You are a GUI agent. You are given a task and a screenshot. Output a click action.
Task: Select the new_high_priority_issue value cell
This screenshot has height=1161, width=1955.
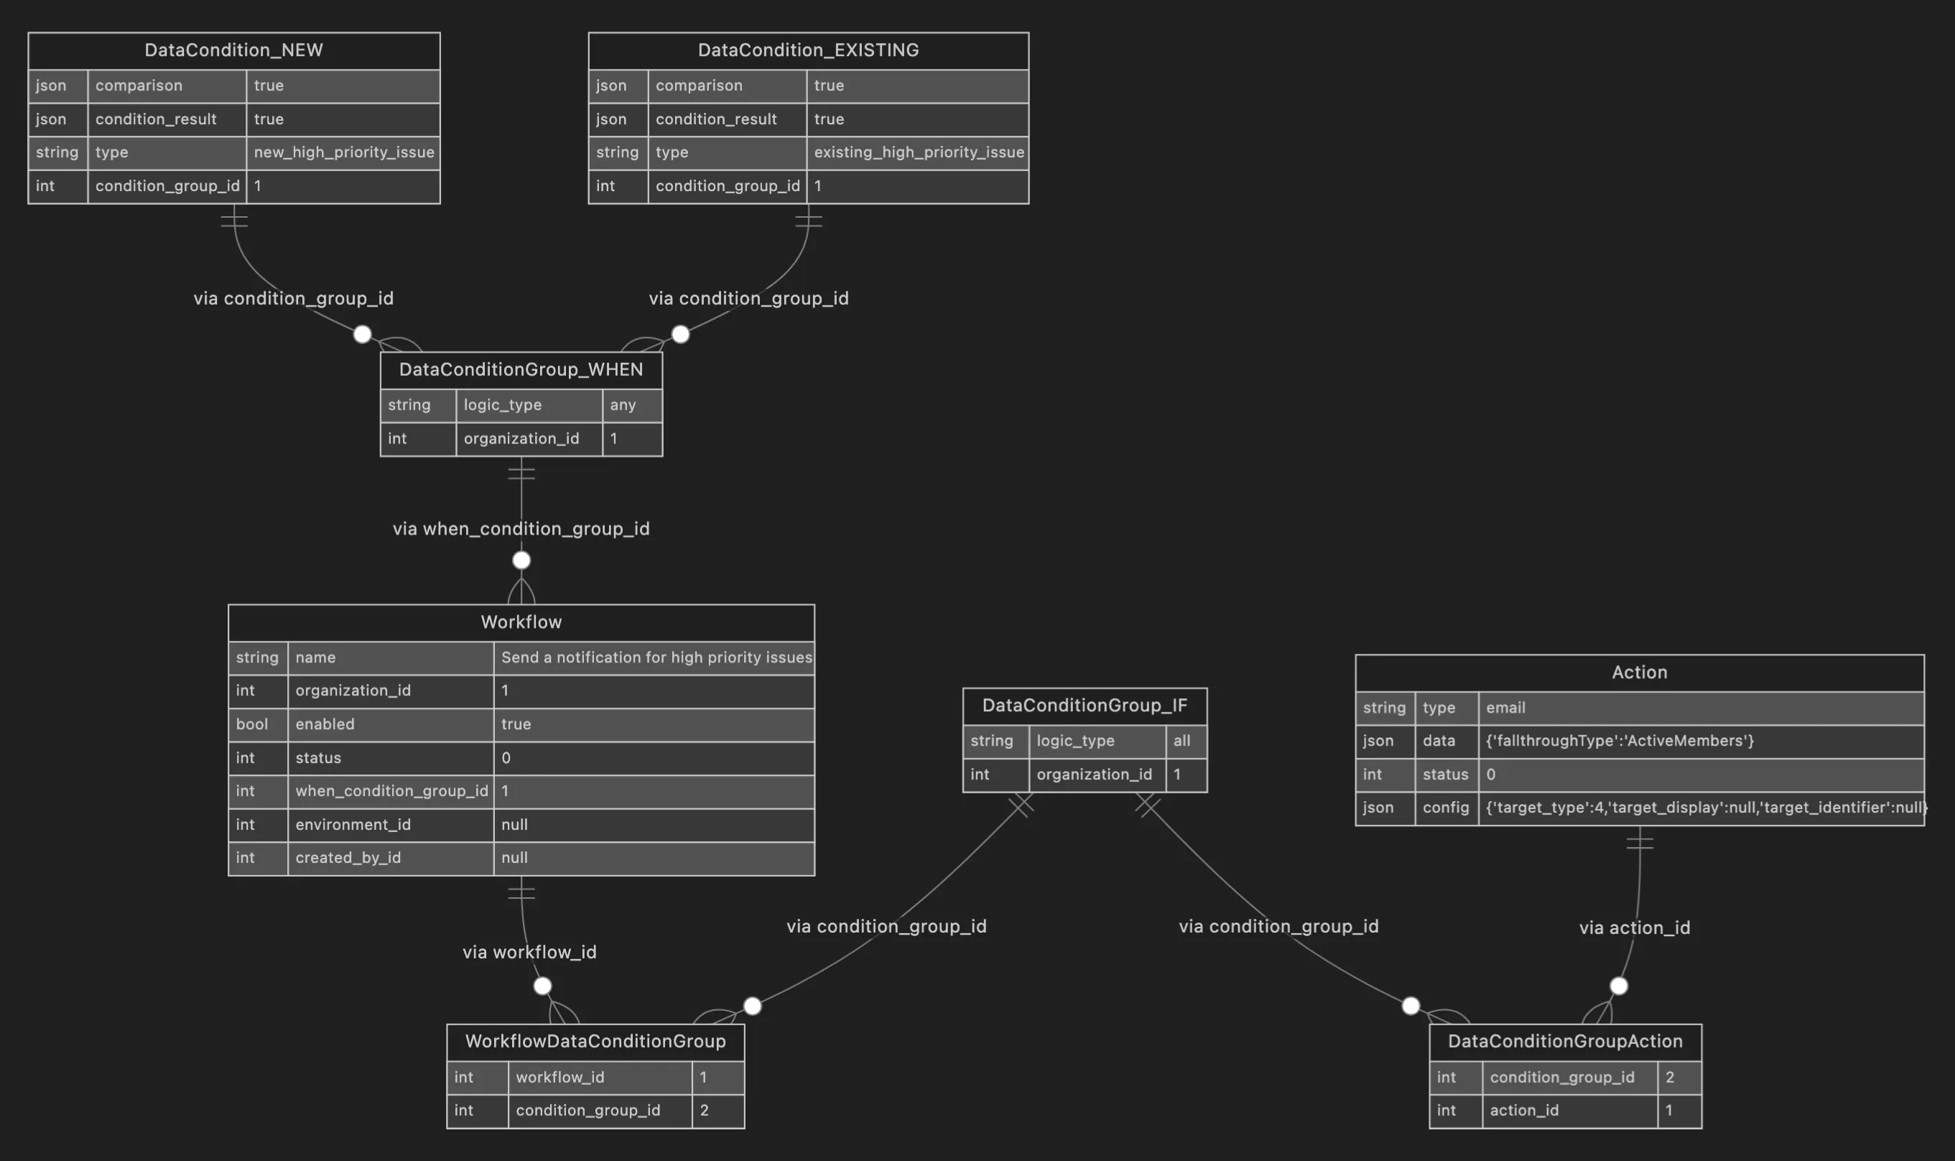pyautogui.click(x=343, y=152)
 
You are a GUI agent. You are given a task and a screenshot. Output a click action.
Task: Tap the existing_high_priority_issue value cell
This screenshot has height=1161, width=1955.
pyautogui.click(x=918, y=152)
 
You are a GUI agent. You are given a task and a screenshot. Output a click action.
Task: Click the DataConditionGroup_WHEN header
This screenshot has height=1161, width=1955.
pyautogui.click(x=521, y=369)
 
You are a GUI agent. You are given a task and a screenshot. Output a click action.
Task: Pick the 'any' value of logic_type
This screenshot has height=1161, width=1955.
pyautogui.click(x=623, y=405)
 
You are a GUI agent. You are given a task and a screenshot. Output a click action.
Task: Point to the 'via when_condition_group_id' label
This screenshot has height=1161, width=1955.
pyautogui.click(x=521, y=529)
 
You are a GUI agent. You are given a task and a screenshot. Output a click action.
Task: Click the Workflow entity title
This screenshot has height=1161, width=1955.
pyautogui.click(x=521, y=622)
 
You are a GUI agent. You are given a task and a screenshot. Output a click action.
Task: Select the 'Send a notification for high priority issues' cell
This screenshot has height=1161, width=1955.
pyautogui.click(x=655, y=658)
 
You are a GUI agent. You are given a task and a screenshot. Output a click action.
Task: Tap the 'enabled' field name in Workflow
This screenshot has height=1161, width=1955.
pyautogui.click(x=325, y=724)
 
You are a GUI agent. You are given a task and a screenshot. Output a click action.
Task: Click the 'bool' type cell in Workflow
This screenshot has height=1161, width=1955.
pyautogui.click(x=252, y=724)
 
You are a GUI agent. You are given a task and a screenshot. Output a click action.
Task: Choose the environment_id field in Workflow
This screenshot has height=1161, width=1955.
pyautogui.click(x=353, y=825)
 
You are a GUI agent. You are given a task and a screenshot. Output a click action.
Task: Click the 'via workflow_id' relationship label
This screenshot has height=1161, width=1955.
pyautogui.click(x=529, y=952)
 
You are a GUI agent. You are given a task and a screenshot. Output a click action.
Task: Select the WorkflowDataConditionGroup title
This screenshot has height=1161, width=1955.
pyautogui.click(x=595, y=1041)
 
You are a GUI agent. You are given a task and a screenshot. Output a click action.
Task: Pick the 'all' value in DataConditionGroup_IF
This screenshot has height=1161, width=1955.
pyautogui.click(x=1181, y=741)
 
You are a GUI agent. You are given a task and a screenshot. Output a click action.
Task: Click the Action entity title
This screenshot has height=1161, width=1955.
pyautogui.click(x=1639, y=672)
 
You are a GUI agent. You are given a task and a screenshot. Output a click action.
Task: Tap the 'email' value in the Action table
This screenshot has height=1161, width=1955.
pyautogui.click(x=1505, y=708)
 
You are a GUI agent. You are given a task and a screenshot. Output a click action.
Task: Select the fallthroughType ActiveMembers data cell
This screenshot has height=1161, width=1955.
pyautogui.click(x=1620, y=741)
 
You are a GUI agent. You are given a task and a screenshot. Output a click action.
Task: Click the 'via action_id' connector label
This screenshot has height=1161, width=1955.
pyautogui.click(x=1635, y=928)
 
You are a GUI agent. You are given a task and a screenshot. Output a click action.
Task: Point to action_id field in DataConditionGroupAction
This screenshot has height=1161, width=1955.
pyautogui.click(x=1524, y=1110)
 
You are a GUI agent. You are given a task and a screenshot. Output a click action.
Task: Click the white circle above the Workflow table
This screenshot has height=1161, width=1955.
pyautogui.click(x=521, y=560)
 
